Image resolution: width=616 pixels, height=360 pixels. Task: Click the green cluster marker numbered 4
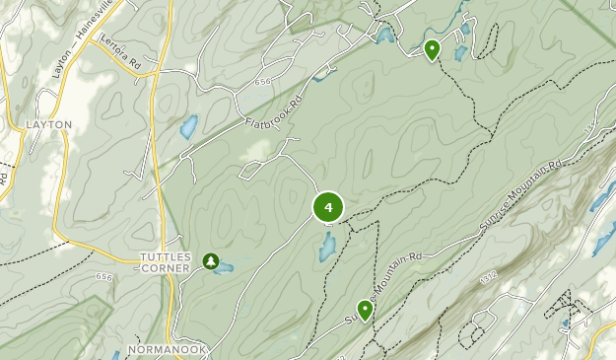(x=328, y=207)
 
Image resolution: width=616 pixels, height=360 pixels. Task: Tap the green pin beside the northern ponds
(x=432, y=49)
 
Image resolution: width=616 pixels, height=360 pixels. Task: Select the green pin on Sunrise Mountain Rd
(x=366, y=311)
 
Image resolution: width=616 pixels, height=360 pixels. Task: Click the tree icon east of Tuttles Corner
(x=210, y=260)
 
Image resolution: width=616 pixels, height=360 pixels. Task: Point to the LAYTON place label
(x=49, y=125)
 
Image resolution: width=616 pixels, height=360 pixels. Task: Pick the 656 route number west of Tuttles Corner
(x=104, y=277)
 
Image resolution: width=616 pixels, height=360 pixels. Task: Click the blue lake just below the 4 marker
(x=326, y=248)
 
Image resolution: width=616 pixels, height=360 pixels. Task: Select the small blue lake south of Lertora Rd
(x=186, y=127)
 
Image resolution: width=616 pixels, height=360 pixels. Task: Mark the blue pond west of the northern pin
(x=384, y=36)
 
